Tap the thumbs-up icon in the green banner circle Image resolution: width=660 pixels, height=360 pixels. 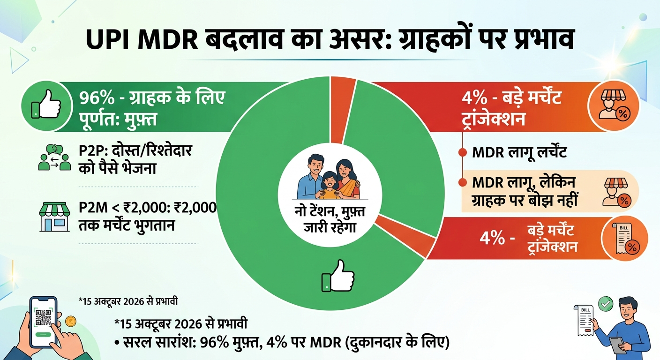[x=46, y=105]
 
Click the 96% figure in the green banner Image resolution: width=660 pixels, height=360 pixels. [x=97, y=97]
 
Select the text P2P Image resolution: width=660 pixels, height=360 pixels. [x=90, y=151]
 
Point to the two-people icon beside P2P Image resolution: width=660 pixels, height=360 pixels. [x=54, y=157]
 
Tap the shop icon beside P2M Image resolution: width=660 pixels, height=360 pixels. [x=54, y=217]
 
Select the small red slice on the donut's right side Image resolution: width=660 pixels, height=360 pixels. [x=406, y=236]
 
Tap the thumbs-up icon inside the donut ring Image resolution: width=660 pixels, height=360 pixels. [x=337, y=276]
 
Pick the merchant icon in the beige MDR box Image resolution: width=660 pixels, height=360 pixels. [x=616, y=192]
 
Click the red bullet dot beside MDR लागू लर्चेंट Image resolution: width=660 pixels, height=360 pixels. [x=463, y=152]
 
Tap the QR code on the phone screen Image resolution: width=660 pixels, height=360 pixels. [x=44, y=317]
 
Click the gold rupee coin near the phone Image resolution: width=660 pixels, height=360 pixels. [x=71, y=321]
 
